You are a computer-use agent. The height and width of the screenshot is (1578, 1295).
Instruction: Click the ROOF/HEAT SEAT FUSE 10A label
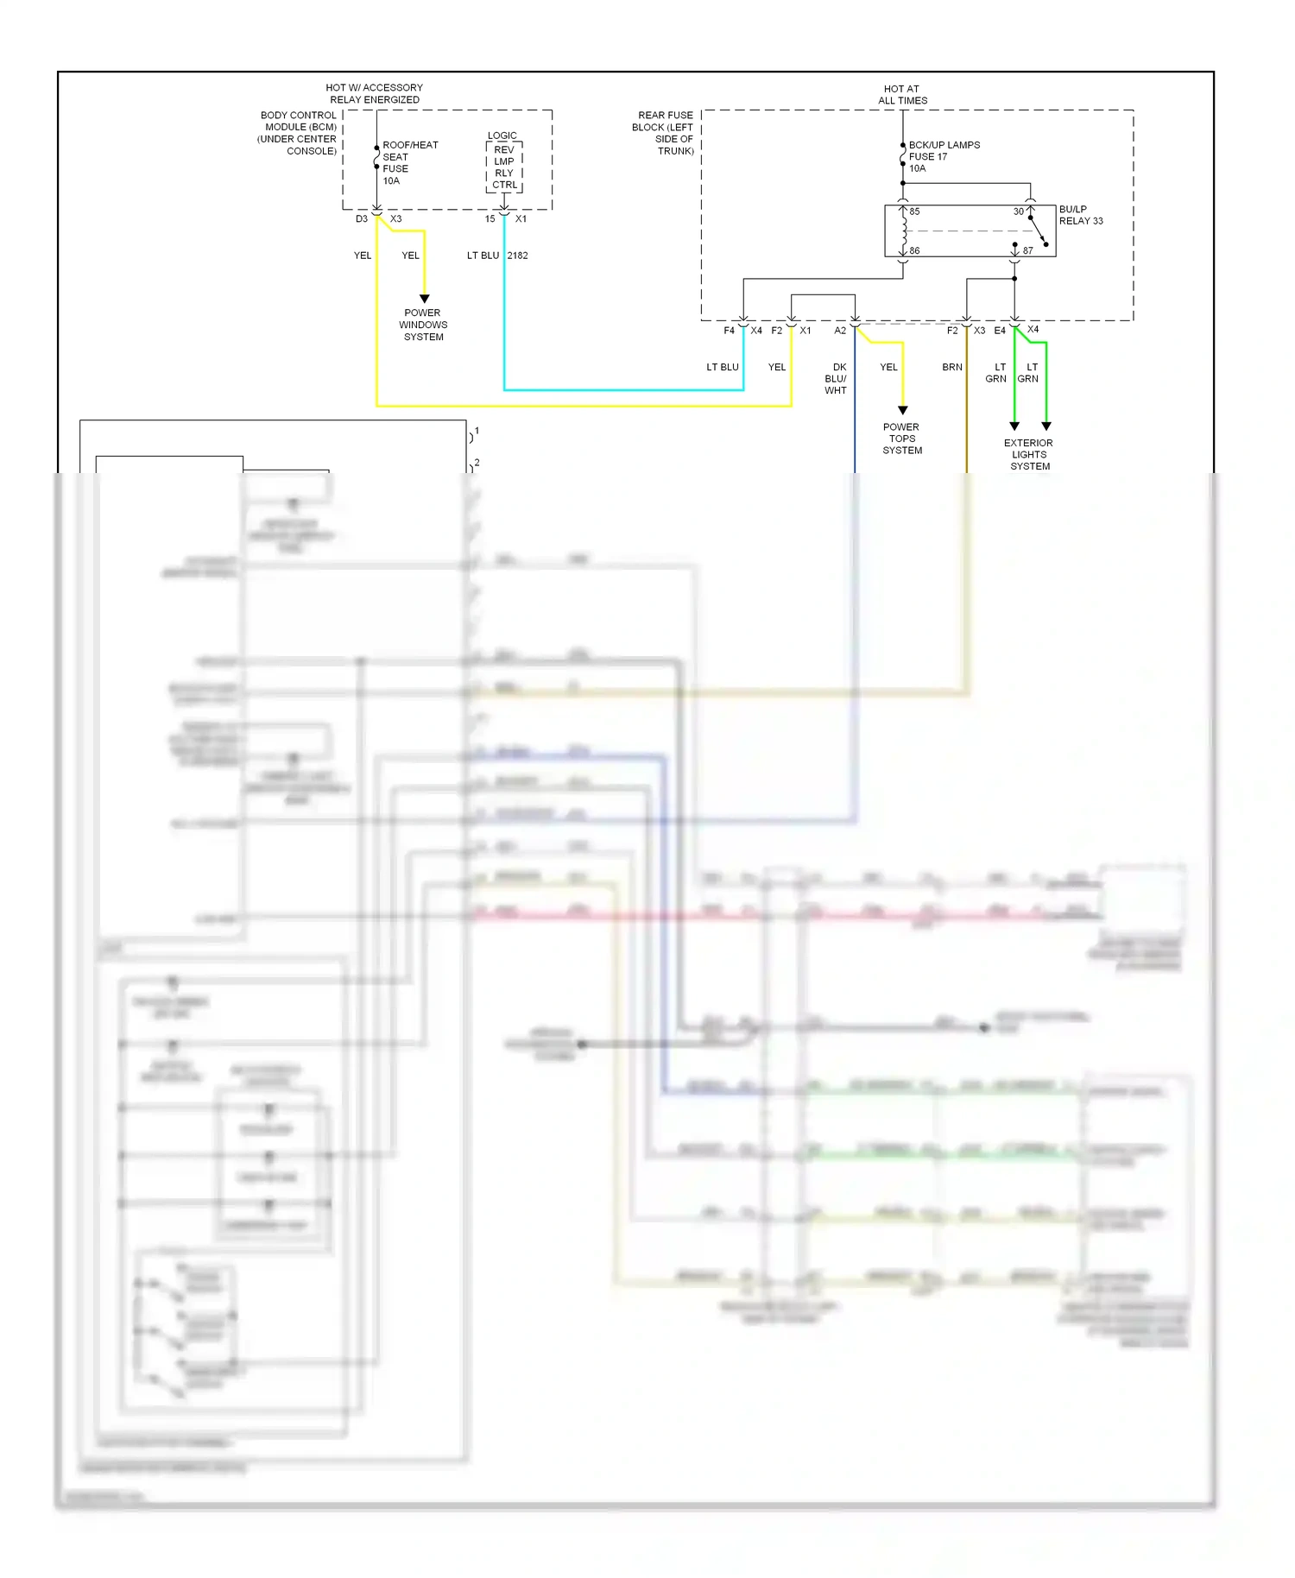[409, 162]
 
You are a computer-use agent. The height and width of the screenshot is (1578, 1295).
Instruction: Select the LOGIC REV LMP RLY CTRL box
[504, 166]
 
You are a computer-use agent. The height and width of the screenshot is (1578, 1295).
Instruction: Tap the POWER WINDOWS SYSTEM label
[423, 325]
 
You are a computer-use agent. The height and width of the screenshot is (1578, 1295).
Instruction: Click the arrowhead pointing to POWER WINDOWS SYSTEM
[424, 299]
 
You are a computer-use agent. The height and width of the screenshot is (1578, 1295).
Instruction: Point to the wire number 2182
[517, 256]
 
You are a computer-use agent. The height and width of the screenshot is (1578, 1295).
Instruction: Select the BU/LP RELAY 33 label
[1080, 215]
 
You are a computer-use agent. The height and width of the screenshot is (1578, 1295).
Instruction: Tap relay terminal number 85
[914, 211]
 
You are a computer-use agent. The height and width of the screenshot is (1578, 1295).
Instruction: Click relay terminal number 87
[1027, 250]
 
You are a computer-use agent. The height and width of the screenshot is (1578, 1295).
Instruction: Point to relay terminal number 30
[1018, 211]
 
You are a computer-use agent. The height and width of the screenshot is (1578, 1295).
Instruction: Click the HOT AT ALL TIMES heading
[902, 94]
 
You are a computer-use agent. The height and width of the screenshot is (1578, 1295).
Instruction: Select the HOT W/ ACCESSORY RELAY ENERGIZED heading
[374, 93]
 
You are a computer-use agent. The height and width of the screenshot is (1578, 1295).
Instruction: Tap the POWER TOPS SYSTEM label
[902, 439]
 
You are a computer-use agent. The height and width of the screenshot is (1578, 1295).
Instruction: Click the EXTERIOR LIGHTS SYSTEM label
[1029, 454]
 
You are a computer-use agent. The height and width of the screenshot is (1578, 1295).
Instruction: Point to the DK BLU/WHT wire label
[837, 378]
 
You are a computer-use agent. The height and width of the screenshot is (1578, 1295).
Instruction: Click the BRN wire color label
[951, 367]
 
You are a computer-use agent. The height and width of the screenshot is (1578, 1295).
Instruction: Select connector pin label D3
[362, 219]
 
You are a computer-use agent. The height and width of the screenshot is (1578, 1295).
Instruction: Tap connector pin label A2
[839, 331]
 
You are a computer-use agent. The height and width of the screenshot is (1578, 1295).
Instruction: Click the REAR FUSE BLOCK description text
[663, 133]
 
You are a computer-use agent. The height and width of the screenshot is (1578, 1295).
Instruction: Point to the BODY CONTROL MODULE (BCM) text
[298, 133]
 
